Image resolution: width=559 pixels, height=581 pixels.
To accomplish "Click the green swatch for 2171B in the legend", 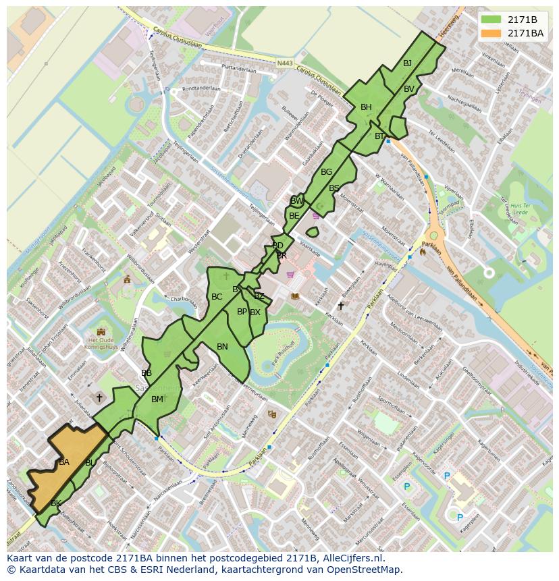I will pyautogui.click(x=491, y=20).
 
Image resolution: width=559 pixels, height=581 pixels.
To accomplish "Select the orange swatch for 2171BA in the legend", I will pyautogui.click(x=491, y=33).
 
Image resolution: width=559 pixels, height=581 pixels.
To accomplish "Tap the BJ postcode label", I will pyautogui.click(x=407, y=63).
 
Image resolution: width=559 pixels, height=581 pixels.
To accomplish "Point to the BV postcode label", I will pyautogui.click(x=409, y=89).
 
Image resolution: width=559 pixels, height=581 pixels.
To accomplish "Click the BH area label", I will pyautogui.click(x=366, y=107).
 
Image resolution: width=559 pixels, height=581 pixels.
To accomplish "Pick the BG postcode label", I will pyautogui.click(x=326, y=172).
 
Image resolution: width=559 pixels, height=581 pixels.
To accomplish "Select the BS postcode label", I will pyautogui.click(x=334, y=188).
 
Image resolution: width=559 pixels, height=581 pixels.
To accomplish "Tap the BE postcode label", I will pyautogui.click(x=294, y=216).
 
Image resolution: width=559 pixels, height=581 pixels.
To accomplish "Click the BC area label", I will pyautogui.click(x=217, y=297).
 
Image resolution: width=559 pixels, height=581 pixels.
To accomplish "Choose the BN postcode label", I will pyautogui.click(x=222, y=347).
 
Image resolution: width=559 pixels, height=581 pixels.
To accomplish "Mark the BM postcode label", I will pyautogui.click(x=157, y=399).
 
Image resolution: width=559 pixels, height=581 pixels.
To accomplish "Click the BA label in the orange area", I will pyautogui.click(x=64, y=462).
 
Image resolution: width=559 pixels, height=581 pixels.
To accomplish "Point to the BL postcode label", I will pyautogui.click(x=90, y=463).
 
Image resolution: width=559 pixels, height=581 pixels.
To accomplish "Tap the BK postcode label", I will pyautogui.click(x=56, y=503).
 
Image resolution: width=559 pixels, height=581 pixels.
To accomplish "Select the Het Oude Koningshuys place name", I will pyautogui.click(x=101, y=344).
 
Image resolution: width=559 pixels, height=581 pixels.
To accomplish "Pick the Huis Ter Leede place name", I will pyautogui.click(x=519, y=208).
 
